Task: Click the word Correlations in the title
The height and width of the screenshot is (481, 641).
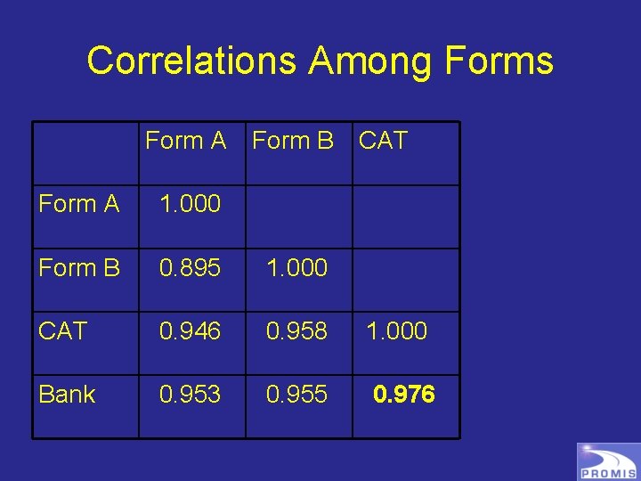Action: click(x=191, y=61)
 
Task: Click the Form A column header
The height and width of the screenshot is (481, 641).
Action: click(x=185, y=141)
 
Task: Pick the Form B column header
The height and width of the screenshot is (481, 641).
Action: click(x=293, y=141)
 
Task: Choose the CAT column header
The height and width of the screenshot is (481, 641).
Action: click(x=383, y=141)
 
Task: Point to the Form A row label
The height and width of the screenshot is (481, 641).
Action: click(x=79, y=204)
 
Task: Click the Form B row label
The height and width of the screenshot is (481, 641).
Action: click(x=79, y=267)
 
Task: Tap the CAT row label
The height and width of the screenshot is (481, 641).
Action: click(x=62, y=331)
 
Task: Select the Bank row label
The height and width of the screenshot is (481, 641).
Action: click(x=67, y=395)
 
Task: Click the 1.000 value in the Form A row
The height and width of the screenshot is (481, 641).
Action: click(x=190, y=204)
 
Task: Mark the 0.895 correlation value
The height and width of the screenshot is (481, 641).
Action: click(x=190, y=267)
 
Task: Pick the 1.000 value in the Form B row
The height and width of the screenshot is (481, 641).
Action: click(x=297, y=267)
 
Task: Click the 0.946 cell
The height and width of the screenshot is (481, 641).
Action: click(x=190, y=331)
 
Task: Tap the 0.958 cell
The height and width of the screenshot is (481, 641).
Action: click(x=297, y=331)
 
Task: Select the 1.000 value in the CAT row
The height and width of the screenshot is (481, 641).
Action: click(x=397, y=331)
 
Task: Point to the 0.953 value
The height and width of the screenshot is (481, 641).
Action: click(x=190, y=395)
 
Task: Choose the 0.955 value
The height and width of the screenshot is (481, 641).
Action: click(x=297, y=395)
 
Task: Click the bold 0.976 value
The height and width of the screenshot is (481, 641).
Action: click(x=404, y=395)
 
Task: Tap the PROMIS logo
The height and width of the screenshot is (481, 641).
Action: click(x=608, y=461)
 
